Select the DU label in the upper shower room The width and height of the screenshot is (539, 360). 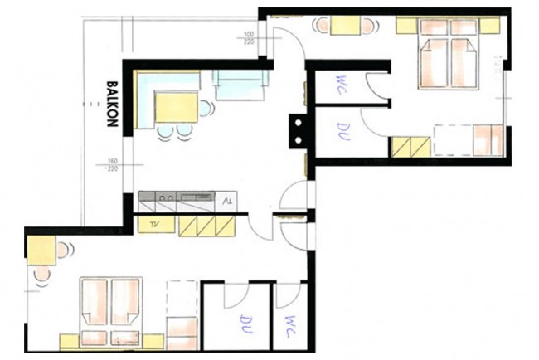[x=342, y=129]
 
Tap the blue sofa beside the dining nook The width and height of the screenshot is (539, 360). [x=240, y=83]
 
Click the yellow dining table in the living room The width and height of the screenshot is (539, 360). [x=177, y=107]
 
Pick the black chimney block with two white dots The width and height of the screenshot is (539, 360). [x=296, y=129]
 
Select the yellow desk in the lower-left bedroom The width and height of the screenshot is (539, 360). [x=41, y=246]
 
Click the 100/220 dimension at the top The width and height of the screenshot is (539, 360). [x=248, y=38]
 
